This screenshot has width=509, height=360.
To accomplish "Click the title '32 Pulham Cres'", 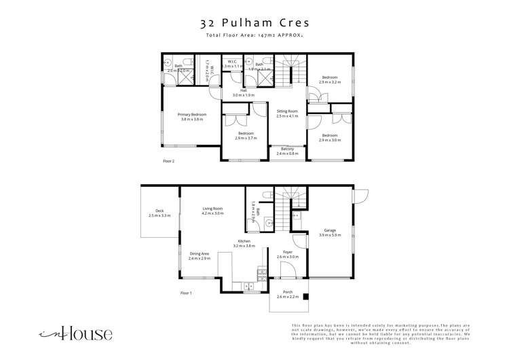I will click(254, 22).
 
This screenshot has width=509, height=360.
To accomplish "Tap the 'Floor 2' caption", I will click(169, 162).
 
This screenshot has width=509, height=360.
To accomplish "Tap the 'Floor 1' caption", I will click(186, 293).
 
